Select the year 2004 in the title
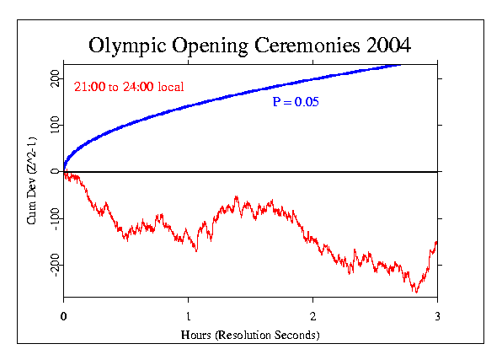384,44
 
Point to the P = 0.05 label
294,102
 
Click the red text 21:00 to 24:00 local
129,87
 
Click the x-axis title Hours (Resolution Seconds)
250,335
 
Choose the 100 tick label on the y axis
53,125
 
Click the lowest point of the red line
415,293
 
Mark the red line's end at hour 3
436,242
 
